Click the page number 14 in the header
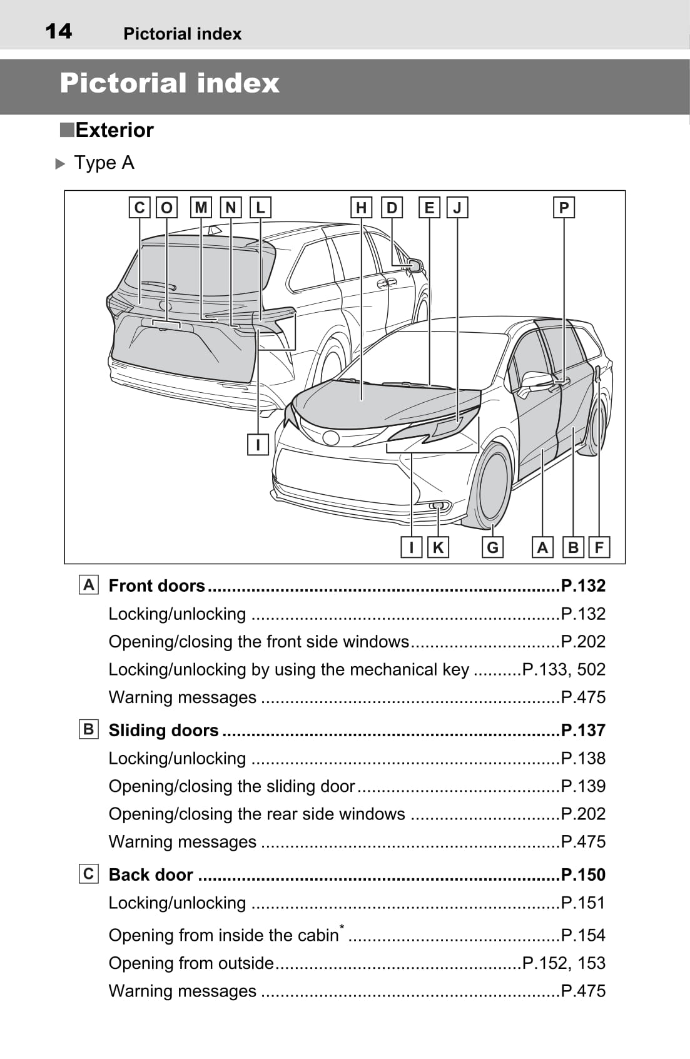(58, 31)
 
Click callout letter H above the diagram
(361, 208)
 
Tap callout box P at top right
(564, 208)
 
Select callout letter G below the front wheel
(492, 547)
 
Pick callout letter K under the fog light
(438, 547)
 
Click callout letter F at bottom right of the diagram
(599, 547)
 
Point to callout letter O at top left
(166, 208)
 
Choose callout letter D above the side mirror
(392, 208)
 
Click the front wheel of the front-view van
(494, 485)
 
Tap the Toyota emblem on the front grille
(331, 438)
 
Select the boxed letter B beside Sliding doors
(89, 729)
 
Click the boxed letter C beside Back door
(89, 874)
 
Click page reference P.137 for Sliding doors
(583, 730)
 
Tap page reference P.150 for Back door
(583, 874)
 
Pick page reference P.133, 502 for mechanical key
(564, 669)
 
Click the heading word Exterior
(114, 130)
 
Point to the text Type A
(104, 163)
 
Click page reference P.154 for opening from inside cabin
(583, 935)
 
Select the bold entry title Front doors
(156, 585)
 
